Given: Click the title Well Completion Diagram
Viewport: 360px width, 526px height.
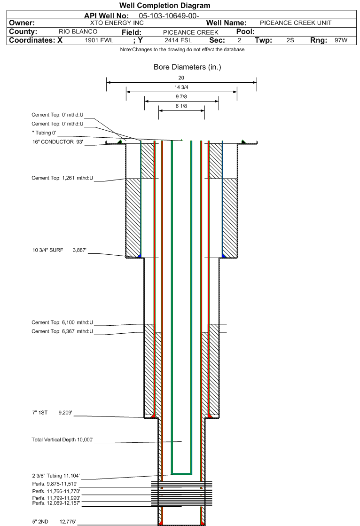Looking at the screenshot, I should pos(164,6).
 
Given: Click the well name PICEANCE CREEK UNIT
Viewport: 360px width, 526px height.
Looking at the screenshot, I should pos(296,23).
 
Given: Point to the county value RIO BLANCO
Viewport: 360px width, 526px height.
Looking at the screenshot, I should pos(78,31).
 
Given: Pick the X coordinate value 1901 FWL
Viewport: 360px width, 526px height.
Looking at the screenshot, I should pos(99,40).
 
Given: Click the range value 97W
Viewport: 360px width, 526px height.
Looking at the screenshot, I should pos(341,40).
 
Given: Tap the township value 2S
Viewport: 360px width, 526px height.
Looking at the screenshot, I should pos(290,40).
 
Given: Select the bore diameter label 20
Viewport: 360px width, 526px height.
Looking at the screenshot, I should pos(181,78).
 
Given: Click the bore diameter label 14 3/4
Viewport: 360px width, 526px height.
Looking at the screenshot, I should pos(181,87).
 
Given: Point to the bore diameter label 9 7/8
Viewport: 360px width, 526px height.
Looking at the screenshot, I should pos(181,97).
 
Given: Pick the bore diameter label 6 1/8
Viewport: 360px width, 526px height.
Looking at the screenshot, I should pos(181,106).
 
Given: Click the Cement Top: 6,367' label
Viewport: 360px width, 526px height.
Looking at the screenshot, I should pos(63,331).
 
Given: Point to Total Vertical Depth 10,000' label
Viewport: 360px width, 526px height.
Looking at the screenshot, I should pos(63,440).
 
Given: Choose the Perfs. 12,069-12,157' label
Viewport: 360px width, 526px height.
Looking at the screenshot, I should pos(56,502).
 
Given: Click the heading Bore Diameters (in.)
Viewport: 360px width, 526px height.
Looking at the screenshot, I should pos(187,67).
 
